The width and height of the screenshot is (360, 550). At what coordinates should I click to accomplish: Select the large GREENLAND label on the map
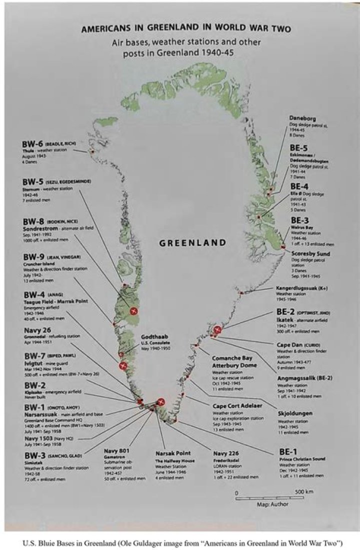pos(192,243)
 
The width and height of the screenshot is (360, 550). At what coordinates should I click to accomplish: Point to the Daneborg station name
pos(303,118)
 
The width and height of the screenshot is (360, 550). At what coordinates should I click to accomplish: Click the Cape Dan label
pos(293,345)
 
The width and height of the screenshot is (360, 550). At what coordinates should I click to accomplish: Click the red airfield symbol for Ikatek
pos(217,329)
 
